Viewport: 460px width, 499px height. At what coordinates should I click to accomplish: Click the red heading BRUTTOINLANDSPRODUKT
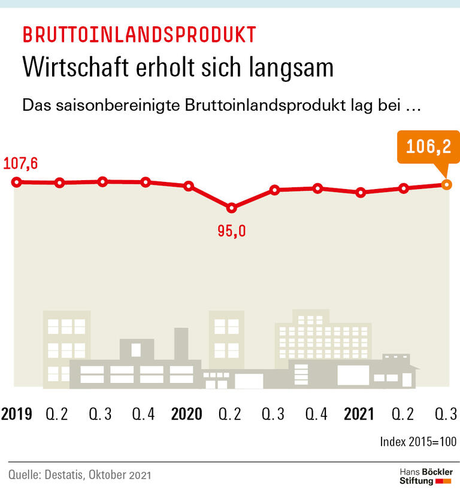pyautogui.click(x=139, y=35)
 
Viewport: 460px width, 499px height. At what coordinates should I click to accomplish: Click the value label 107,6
pyautogui.click(x=20, y=163)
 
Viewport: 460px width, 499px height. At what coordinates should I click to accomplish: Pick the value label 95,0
pyautogui.click(x=232, y=231)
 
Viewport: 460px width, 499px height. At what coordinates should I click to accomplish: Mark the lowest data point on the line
pyautogui.click(x=232, y=208)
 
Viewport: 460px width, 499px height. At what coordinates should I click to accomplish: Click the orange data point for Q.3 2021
pyautogui.click(x=446, y=185)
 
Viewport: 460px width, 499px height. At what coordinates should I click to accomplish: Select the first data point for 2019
pyautogui.click(x=17, y=182)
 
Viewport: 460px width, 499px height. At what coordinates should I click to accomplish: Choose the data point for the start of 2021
pyautogui.click(x=360, y=193)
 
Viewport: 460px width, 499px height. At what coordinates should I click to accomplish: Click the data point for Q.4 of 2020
pyautogui.click(x=317, y=189)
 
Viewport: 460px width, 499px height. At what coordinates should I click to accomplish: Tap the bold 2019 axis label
pyautogui.click(x=17, y=414)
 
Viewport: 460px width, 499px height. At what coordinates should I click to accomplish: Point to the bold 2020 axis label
pyautogui.click(x=187, y=414)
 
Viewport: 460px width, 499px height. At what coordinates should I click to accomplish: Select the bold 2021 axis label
pyautogui.click(x=359, y=414)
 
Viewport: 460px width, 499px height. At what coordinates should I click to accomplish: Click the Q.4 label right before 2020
pyautogui.click(x=144, y=414)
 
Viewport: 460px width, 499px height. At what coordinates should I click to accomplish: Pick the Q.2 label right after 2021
pyautogui.click(x=403, y=414)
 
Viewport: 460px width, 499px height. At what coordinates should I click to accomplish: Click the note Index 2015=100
pyautogui.click(x=418, y=442)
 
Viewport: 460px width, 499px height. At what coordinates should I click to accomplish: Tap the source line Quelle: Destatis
pyautogui.click(x=80, y=476)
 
